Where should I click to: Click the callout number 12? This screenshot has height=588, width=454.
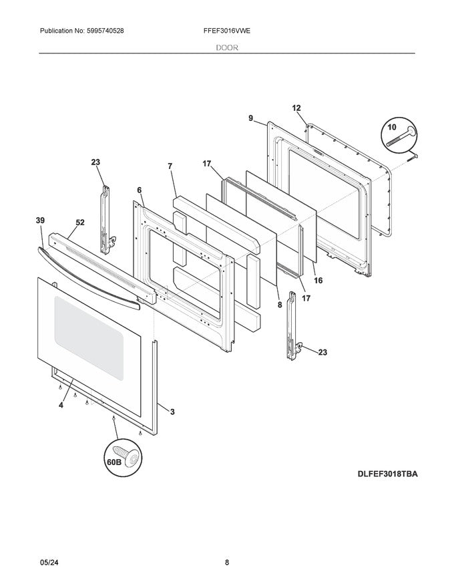[x=296, y=108]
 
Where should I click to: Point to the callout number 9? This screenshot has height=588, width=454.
[x=250, y=118]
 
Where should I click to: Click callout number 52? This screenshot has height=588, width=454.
[x=79, y=223]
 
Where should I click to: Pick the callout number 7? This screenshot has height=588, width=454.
[x=170, y=165]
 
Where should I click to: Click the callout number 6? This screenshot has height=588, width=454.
[x=139, y=190]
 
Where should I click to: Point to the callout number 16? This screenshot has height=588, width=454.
[x=318, y=280]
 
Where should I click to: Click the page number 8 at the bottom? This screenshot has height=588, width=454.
[x=227, y=563]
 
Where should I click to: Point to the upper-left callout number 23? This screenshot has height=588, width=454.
[x=95, y=162]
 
